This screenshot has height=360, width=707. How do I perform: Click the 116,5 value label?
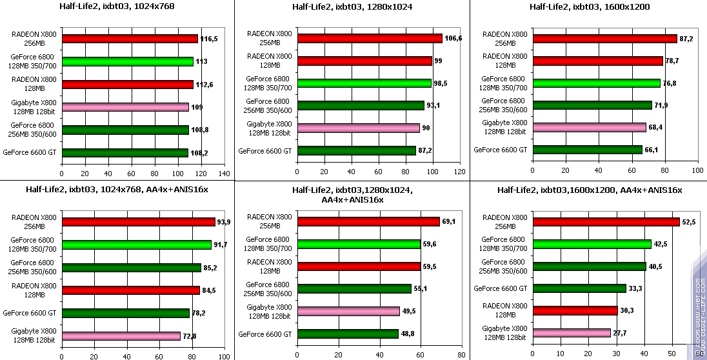209,39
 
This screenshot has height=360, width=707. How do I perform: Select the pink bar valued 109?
126,107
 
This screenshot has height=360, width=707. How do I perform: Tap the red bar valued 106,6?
370,38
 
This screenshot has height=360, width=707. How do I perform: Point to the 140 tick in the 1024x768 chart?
224,174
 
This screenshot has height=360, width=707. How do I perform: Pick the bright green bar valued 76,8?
596,83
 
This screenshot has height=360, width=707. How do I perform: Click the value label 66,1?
653,150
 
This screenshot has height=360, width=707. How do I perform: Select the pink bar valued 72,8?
121,336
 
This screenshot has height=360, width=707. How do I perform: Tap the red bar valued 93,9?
139,222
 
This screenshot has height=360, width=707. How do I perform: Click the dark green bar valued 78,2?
126,314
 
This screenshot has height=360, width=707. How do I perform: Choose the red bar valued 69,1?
368,222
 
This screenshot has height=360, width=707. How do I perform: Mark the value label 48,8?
408,334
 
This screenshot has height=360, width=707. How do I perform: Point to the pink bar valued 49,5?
348,312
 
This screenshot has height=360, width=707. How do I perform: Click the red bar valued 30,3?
575,310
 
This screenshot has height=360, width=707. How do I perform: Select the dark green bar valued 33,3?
579,288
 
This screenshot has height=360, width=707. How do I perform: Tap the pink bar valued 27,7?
572,333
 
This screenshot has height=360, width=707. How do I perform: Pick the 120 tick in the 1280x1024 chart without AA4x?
459,172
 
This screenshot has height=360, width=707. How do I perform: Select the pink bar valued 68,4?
589,128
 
